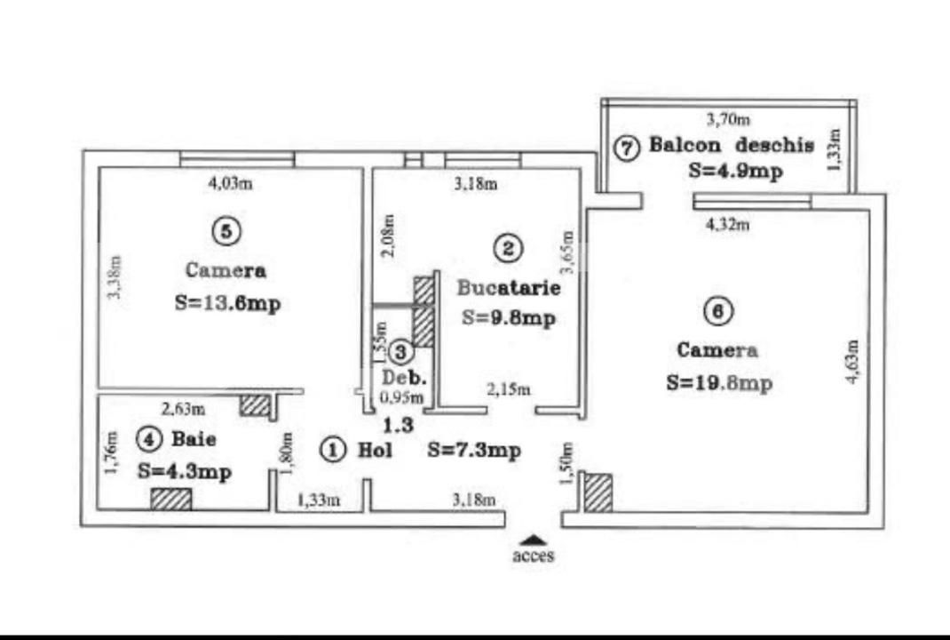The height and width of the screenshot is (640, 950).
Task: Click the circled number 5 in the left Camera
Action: (x=226, y=231)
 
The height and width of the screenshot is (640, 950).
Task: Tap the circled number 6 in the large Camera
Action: (x=716, y=311)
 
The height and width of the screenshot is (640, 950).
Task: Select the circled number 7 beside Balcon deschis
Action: (x=627, y=148)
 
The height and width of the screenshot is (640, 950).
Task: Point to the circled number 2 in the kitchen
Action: (x=507, y=249)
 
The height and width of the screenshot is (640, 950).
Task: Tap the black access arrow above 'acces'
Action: (x=533, y=539)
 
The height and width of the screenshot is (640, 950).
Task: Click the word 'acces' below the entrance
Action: (x=533, y=556)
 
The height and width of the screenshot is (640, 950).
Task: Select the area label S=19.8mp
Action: (x=718, y=383)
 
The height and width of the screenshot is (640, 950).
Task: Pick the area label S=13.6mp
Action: (x=227, y=302)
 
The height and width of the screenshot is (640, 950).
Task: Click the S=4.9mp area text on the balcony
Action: (x=735, y=171)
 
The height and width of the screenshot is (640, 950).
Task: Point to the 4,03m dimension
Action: (x=230, y=184)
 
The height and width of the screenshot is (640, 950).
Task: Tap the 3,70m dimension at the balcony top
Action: (x=727, y=118)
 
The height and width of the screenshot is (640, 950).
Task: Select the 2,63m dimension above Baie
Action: (x=183, y=410)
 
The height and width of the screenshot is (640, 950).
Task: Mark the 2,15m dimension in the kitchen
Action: (x=509, y=389)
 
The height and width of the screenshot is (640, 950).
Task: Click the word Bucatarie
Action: (x=508, y=288)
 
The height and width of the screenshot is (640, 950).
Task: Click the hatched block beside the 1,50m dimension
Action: (x=598, y=492)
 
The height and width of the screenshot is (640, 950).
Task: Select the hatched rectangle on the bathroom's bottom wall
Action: (x=170, y=500)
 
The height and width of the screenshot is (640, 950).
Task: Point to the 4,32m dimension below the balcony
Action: (x=727, y=225)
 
